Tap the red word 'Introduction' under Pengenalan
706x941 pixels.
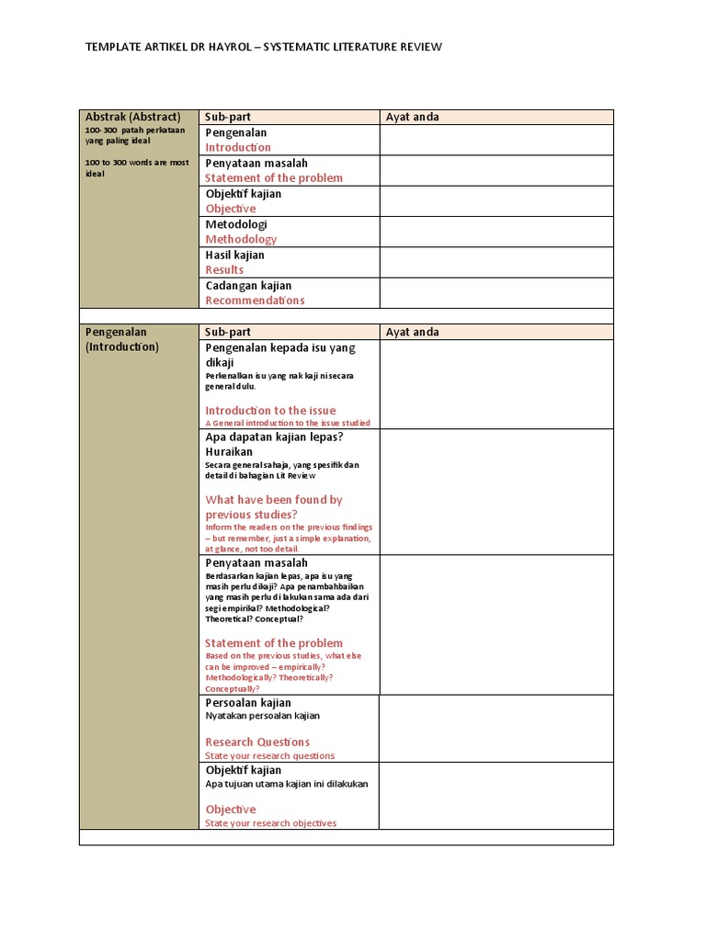[x=238, y=147]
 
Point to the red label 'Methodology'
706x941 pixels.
[x=241, y=239]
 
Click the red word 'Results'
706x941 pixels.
[x=224, y=269]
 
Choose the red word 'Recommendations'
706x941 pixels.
[x=255, y=300]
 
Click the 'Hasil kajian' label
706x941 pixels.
[x=234, y=255]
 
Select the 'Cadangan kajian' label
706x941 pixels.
[x=248, y=286]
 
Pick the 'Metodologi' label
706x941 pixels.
[x=236, y=224]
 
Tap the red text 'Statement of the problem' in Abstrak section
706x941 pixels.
[x=274, y=178]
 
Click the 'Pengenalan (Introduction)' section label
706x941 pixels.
[x=122, y=339]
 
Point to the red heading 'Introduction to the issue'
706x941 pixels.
[x=270, y=411]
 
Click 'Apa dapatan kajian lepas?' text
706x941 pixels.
[x=274, y=437]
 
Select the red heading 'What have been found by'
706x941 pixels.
[x=274, y=500]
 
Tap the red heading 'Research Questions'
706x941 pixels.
[x=257, y=742]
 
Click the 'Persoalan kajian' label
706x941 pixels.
[x=248, y=703]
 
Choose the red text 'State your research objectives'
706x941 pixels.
[x=271, y=823]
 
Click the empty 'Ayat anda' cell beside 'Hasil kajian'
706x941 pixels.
[x=496, y=262]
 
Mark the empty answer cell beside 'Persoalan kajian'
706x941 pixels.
[x=496, y=728]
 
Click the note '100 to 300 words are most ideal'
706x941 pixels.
[x=136, y=168]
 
